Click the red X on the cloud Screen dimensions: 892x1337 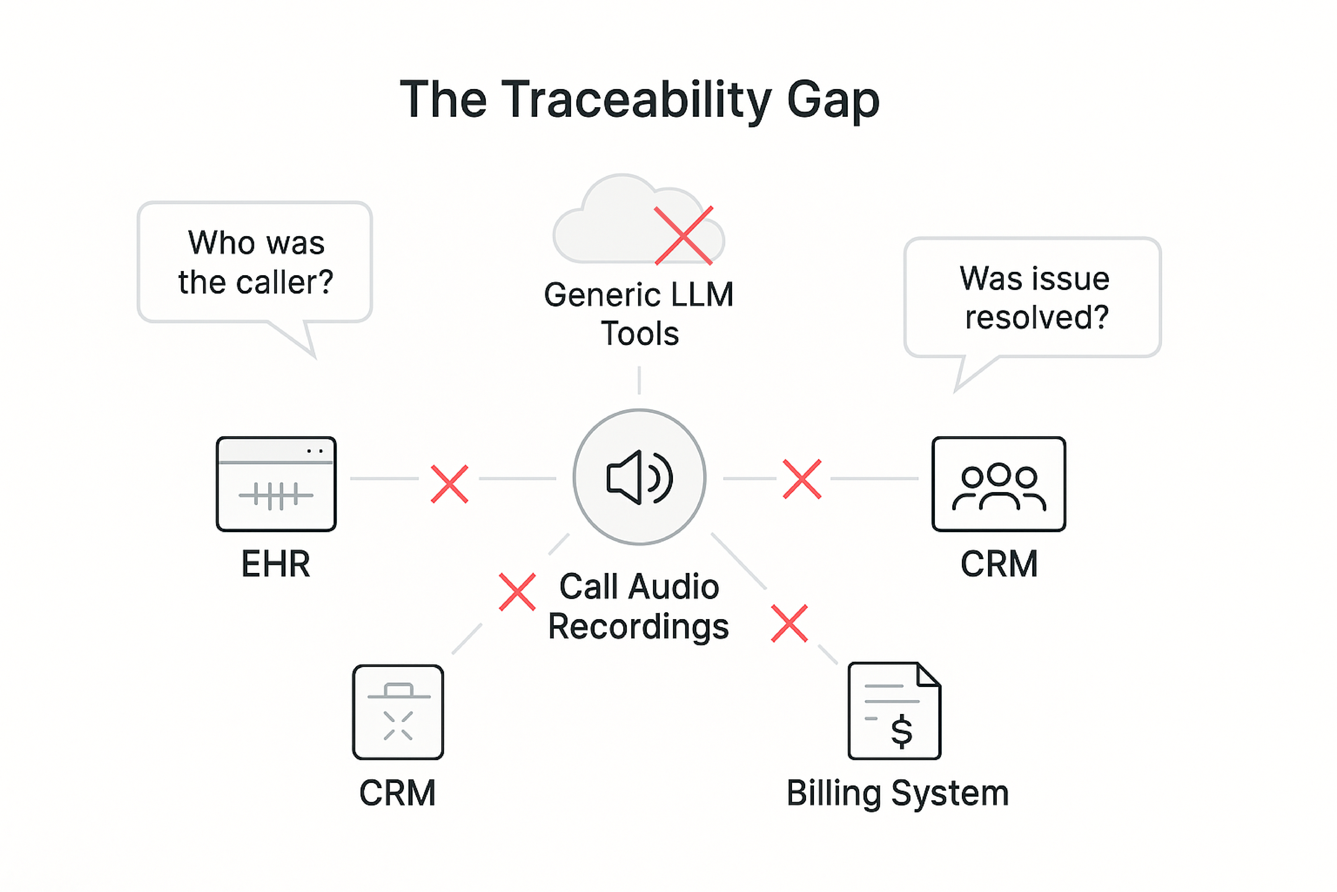[683, 235]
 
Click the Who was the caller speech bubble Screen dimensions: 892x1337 [255, 262]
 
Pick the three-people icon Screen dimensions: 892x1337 [999, 484]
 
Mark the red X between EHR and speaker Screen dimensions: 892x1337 [449, 484]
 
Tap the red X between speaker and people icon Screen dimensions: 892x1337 [802, 479]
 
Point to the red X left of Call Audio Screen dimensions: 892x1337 [517, 592]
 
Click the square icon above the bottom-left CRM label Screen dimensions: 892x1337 [398, 712]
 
